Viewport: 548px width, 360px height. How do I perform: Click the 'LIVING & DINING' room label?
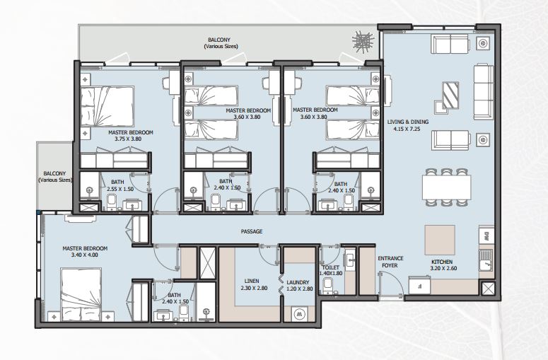(x=407, y=122)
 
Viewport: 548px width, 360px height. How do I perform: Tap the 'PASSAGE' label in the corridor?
(x=252, y=231)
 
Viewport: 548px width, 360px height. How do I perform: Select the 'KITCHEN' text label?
(x=442, y=262)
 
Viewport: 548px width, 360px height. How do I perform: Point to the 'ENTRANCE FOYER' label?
(x=390, y=262)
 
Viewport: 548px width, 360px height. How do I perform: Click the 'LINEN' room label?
(x=252, y=281)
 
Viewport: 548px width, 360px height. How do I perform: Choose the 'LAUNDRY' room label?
(x=298, y=282)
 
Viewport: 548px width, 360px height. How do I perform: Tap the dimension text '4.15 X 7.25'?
(x=407, y=129)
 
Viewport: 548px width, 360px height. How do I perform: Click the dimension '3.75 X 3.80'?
(x=128, y=139)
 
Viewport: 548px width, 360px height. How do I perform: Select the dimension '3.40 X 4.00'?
(x=85, y=255)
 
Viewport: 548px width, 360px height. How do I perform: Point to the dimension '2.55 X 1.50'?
(x=121, y=189)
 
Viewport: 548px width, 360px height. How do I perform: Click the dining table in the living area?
(x=446, y=187)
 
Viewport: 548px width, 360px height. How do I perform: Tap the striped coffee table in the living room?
(x=450, y=95)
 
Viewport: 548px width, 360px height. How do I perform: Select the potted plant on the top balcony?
(x=363, y=41)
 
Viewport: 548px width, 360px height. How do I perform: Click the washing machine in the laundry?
(x=299, y=314)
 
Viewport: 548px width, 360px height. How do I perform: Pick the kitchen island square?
(x=440, y=240)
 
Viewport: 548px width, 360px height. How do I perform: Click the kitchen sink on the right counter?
(x=486, y=260)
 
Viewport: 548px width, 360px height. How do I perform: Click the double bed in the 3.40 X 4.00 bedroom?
(x=81, y=294)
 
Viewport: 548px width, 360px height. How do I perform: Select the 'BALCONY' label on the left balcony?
(x=54, y=173)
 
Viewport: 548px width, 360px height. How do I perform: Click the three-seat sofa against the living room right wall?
(x=484, y=92)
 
